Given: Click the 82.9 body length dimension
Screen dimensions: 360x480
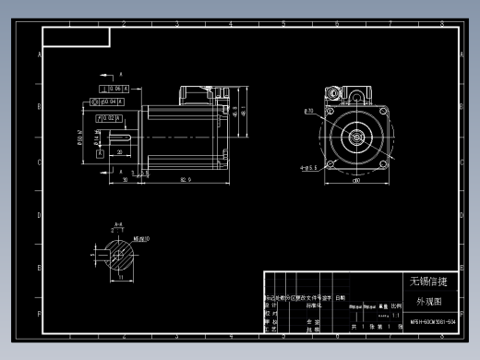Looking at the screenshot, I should [x=186, y=178].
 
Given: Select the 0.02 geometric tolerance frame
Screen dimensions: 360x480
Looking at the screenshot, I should [x=107, y=119].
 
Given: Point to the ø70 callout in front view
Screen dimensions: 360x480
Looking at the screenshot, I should [x=309, y=111].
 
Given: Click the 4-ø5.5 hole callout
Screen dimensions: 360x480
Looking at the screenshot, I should [x=308, y=167].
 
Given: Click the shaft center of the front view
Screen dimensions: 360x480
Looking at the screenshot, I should [x=355, y=136].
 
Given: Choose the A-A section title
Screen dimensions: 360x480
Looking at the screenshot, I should [x=117, y=224].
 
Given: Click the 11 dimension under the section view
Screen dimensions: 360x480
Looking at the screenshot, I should [x=119, y=277].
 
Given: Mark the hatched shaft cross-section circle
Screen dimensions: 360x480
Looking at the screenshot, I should [x=118, y=251].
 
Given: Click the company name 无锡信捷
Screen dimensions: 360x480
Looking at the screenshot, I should [x=428, y=281].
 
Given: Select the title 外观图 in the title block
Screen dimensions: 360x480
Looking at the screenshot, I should [x=429, y=302].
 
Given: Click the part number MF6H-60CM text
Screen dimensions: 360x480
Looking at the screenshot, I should [x=432, y=322].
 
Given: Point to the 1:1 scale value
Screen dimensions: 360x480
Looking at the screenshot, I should [x=396, y=315].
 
